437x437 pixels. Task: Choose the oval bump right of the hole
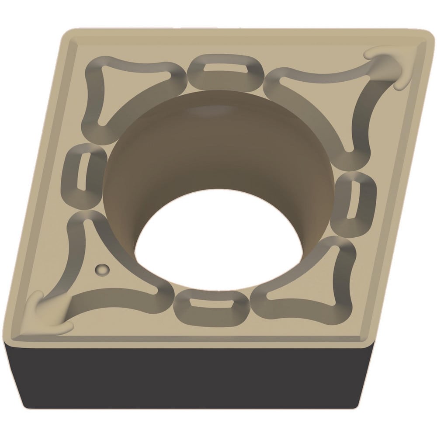pos(353,201)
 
